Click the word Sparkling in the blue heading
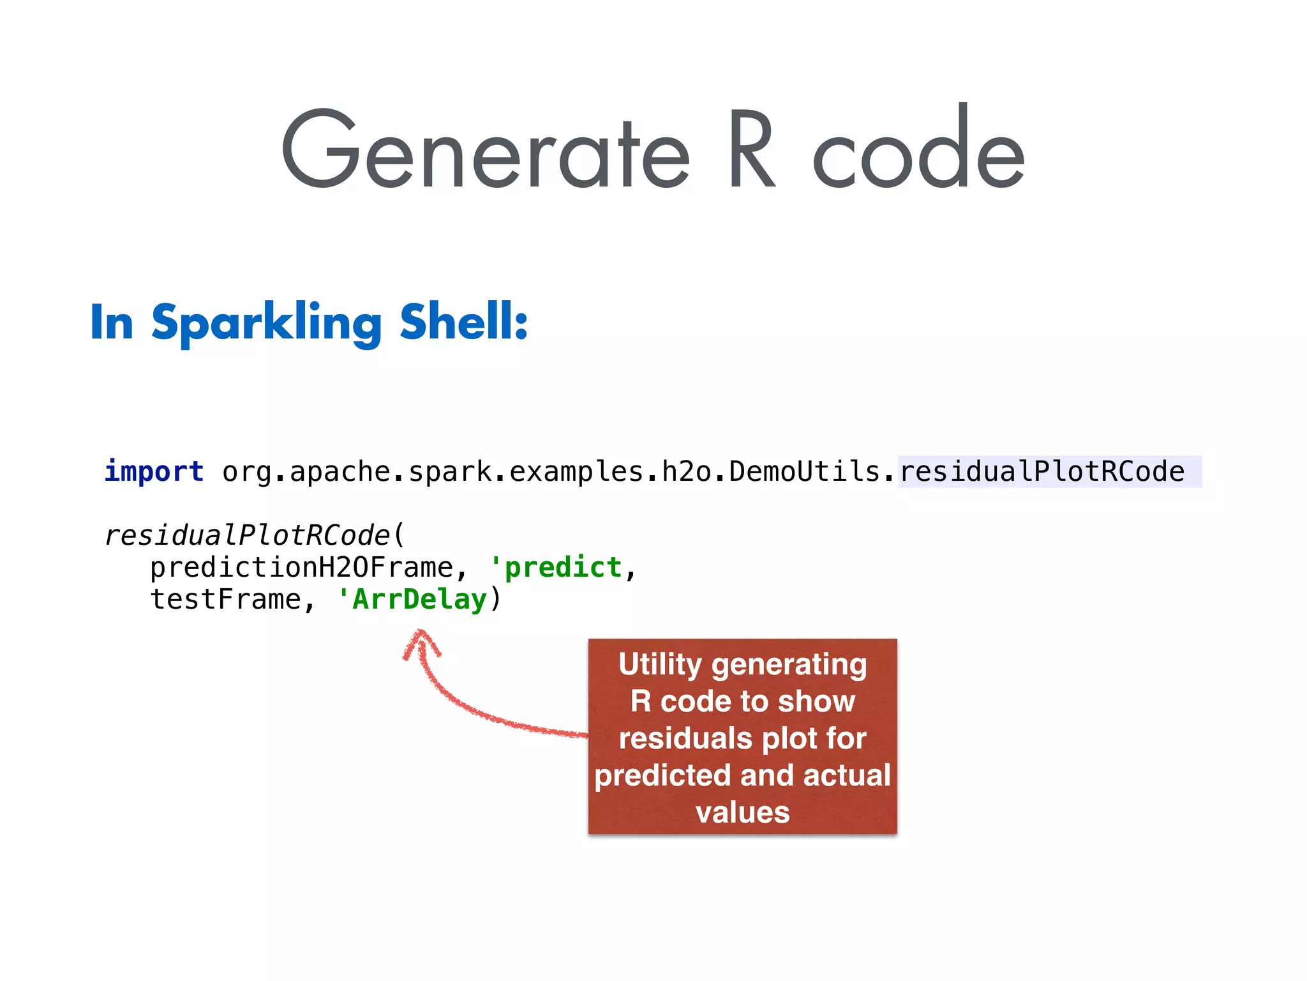[266, 323]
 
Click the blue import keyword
[154, 472]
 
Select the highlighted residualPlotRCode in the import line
[1042, 472]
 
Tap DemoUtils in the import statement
[805, 472]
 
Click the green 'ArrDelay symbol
[413, 600]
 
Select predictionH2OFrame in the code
[301, 568]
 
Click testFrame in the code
[225, 600]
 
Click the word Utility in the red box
[659, 665]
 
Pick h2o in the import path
[686, 472]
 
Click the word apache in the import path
[340, 472]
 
